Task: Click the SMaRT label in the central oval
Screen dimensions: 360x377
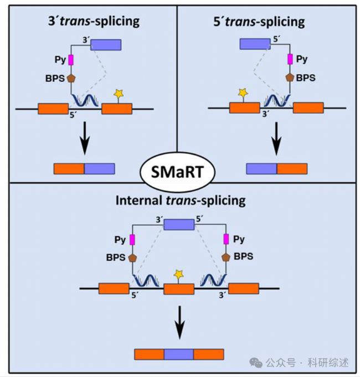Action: click(177, 172)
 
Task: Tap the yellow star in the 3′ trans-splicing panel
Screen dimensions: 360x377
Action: click(119, 94)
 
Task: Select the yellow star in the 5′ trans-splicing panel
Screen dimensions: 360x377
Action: click(243, 92)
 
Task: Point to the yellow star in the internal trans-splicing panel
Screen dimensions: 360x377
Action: click(179, 274)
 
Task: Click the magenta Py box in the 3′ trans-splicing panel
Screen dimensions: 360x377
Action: click(71, 60)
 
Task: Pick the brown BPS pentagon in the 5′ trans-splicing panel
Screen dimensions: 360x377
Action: click(290, 78)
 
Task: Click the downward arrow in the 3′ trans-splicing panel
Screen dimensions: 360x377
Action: click(85, 138)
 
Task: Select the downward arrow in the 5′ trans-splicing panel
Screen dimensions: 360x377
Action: click(276, 138)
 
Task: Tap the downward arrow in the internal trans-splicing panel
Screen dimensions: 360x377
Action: click(179, 322)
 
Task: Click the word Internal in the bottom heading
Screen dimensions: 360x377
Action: click(139, 200)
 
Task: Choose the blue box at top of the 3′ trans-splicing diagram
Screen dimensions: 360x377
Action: click(106, 45)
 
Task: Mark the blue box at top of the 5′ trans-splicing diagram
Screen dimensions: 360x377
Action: click(255, 44)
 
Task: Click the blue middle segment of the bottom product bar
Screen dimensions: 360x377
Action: click(179, 354)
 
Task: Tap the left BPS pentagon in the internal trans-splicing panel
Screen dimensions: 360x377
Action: click(132, 258)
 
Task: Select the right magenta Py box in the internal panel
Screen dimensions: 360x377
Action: click(226, 239)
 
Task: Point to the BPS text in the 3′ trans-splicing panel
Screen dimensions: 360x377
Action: click(55, 79)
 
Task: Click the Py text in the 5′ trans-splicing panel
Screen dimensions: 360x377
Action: click(302, 59)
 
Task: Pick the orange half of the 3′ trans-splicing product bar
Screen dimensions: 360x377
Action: click(69, 169)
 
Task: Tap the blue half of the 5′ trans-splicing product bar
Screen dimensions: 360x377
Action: click(261, 169)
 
